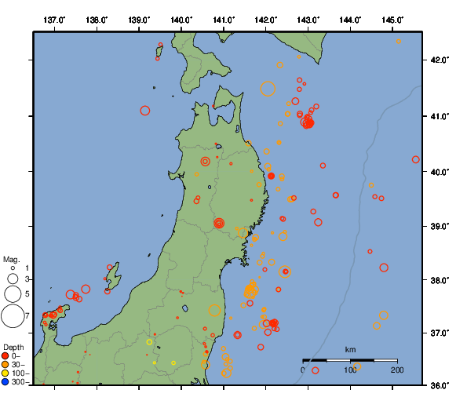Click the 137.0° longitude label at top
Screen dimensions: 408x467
coord(54,19)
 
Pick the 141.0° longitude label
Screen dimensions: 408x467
coord(224,19)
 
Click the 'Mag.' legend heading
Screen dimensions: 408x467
coord(11,259)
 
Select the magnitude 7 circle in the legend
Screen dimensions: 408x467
coord(13,316)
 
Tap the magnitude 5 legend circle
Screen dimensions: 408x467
coord(13,294)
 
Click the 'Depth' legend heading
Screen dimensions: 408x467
coord(13,347)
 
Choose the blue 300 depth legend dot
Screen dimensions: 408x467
coord(5,382)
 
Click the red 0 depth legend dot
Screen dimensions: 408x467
coord(5,355)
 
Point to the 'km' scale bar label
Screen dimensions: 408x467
coord(350,350)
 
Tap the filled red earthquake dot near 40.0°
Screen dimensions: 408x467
coord(271,177)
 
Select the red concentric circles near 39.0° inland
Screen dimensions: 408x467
coord(219,224)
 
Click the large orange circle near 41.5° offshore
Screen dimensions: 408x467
coord(268,89)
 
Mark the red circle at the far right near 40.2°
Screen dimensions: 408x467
coord(416,159)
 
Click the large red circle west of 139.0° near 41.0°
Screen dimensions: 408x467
coord(145,111)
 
